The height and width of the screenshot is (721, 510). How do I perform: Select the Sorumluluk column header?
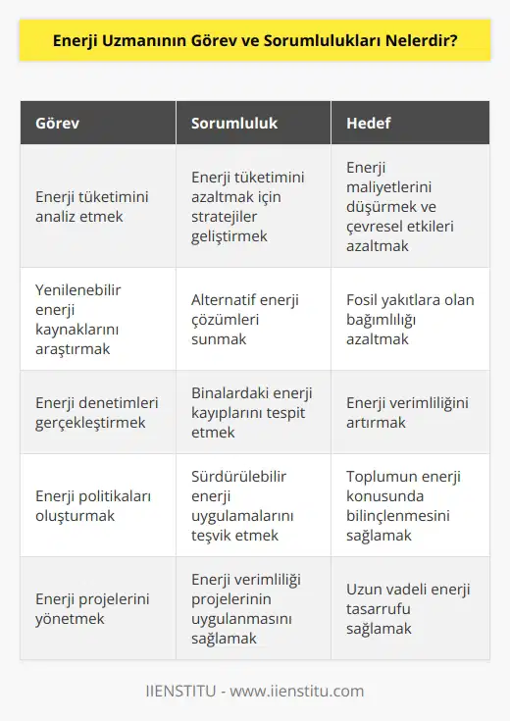[234, 125]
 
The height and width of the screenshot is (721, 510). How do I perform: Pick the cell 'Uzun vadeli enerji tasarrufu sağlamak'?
[408, 608]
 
